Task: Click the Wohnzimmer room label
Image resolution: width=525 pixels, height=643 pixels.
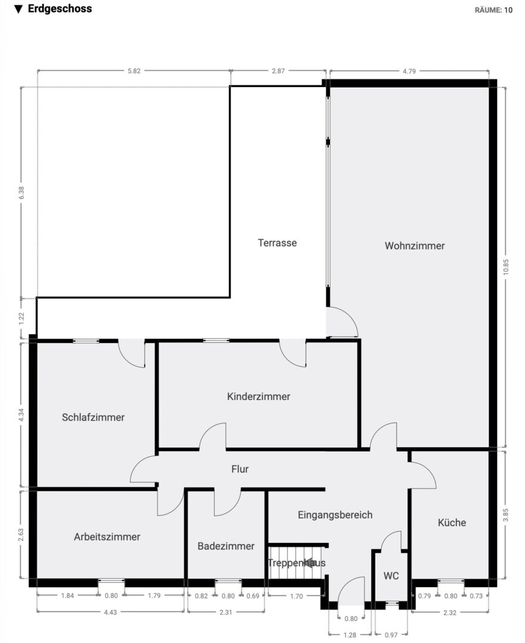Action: pos(415,246)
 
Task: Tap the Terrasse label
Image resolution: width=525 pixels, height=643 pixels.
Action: pos(277,243)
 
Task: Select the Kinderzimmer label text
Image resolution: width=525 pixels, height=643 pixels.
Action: pos(259,397)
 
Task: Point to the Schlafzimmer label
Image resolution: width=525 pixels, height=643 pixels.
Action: pos(93,417)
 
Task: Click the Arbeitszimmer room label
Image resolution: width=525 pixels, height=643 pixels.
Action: pos(107,537)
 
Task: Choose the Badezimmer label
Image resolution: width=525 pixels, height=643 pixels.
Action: pos(226,546)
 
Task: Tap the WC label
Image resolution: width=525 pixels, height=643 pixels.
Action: pos(391,576)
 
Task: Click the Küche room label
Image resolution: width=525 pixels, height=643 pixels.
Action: pos(452,523)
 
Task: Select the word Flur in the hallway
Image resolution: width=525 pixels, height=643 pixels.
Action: pos(240,469)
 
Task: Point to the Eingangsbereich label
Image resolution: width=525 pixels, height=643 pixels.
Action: pos(335,515)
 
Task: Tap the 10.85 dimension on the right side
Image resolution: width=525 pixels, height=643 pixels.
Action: pos(506,267)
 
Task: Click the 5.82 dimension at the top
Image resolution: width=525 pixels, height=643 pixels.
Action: pos(134,71)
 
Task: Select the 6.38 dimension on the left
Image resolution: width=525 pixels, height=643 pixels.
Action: pos(21,193)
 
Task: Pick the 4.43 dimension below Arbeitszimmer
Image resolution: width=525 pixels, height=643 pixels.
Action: pos(110,612)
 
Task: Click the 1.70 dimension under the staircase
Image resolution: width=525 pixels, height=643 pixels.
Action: pos(296,596)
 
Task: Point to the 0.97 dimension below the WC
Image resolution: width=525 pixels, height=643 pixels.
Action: pos(391,635)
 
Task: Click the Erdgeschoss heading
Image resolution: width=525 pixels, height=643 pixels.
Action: pos(60,9)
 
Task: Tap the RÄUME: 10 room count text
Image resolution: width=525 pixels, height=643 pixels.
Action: pos(494,10)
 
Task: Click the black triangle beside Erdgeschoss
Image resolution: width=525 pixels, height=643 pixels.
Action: pos(18,10)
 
